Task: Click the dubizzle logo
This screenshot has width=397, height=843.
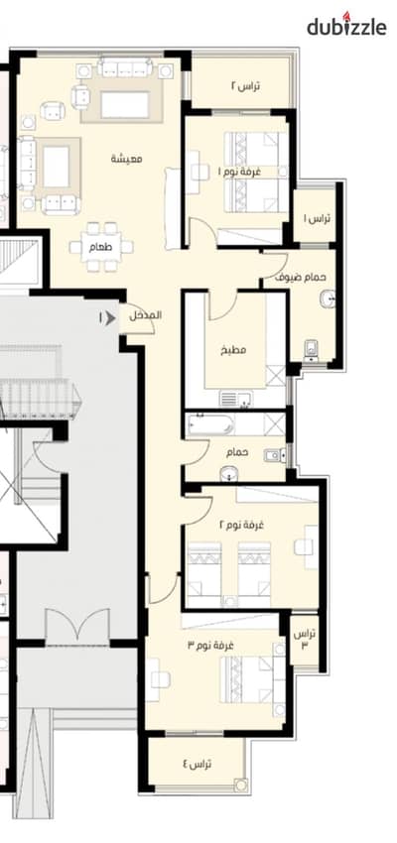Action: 346,25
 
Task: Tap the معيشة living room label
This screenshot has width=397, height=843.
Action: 127,159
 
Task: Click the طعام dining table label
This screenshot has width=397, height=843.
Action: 100,247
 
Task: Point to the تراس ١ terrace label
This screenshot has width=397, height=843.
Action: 317,218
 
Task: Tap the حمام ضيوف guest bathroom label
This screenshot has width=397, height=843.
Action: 301,278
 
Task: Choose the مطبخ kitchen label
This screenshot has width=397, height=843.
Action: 233,350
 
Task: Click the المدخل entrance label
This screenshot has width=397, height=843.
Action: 145,315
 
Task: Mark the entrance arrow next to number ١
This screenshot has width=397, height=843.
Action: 110,318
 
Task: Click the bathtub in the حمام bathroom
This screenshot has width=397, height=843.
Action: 210,423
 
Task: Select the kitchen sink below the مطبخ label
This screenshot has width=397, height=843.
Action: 235,400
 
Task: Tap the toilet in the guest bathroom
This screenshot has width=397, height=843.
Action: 311,350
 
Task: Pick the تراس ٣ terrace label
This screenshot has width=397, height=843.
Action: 305,640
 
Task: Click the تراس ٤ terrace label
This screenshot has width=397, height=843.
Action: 197,764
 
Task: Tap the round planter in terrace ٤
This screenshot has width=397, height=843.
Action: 240,784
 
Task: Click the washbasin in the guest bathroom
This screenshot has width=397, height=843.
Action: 328,299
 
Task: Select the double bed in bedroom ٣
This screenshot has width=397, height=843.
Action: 253,679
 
